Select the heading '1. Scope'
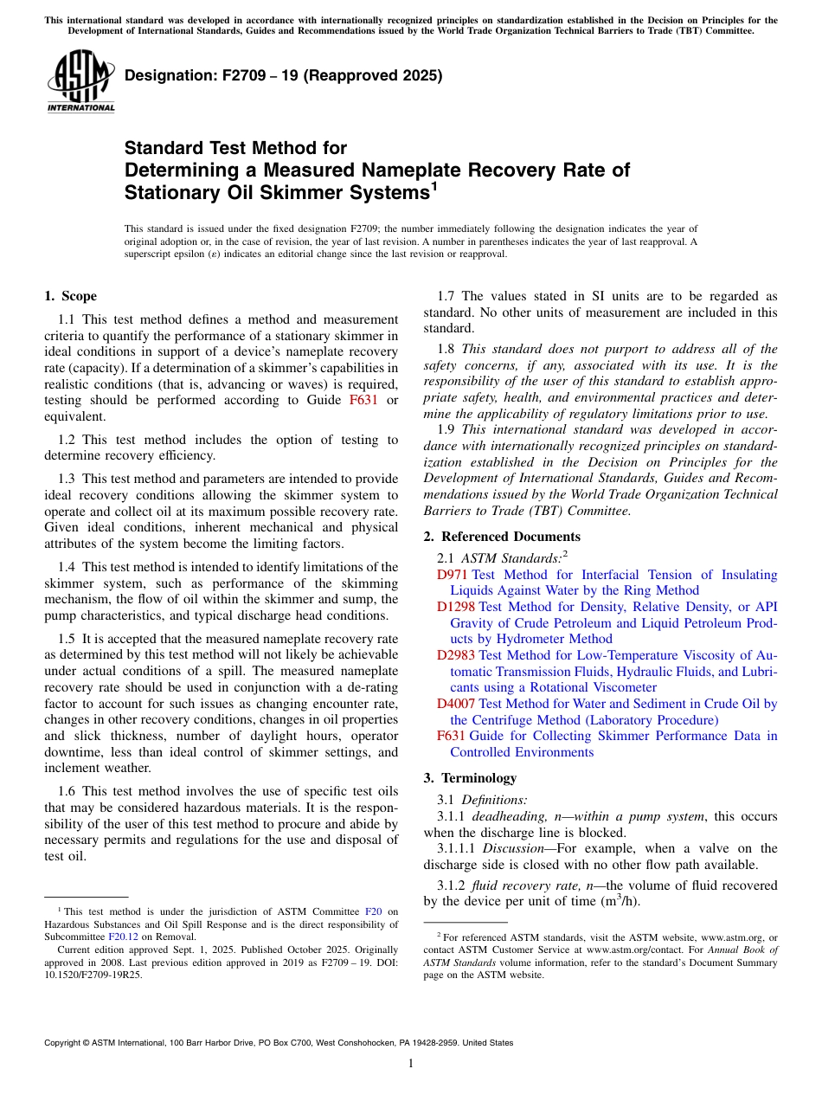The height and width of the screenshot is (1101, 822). pos(70,296)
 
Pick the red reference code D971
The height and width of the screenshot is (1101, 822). pos(452,575)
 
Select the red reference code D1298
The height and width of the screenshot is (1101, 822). pos(455,607)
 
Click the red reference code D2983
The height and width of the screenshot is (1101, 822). pos(455,655)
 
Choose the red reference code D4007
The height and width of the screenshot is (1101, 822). pos(455,704)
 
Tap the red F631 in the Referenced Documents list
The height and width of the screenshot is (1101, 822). pos(451,736)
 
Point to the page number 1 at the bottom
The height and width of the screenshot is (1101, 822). pos(411,1063)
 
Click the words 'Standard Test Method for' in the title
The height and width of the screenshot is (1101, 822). pos(235,149)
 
